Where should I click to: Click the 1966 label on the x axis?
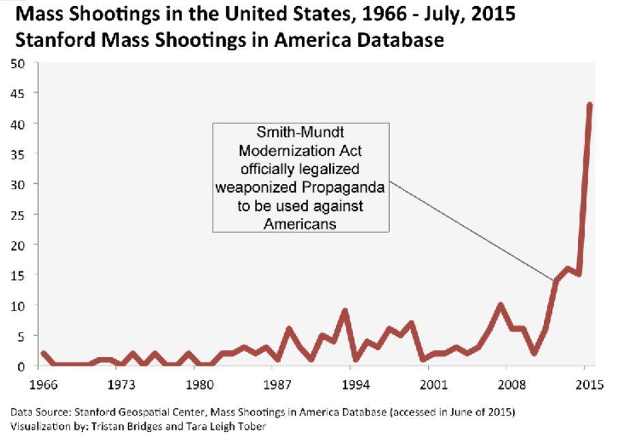42,385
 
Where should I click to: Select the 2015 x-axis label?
589,385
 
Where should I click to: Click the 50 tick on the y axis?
20,63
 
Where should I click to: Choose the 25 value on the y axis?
20,215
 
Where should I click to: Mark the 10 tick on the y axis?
20,305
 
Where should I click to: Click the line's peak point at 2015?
590,105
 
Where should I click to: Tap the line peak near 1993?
345,311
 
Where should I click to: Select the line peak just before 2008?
501,305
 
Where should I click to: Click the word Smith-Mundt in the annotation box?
301,134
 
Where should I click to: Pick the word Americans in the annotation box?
300,223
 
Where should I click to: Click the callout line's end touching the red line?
553,281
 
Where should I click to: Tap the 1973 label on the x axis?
120,385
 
